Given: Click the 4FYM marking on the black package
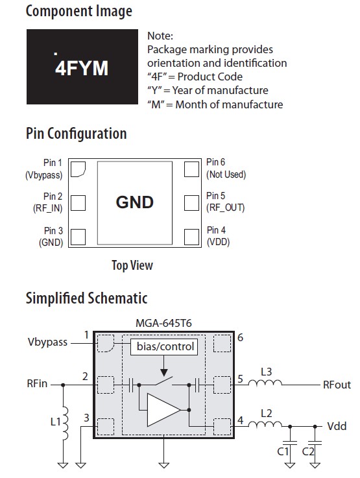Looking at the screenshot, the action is coord(81,68).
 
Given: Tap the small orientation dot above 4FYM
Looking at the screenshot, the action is coord(56,54).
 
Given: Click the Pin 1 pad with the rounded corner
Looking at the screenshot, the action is coord(78,169).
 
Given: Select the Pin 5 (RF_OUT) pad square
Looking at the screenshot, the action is coord(192,203).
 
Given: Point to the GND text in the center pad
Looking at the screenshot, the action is coord(135,202).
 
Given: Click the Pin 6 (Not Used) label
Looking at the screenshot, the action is coord(226,168).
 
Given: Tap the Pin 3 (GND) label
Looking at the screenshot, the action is coord(51,236).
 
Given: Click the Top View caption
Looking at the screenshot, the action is coord(132,265).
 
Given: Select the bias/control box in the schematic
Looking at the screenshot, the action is coord(164,346).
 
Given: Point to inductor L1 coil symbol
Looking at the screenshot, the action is coord(65,423).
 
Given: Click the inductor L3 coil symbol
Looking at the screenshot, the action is coord(265,383).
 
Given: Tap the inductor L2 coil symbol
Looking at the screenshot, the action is coord(265,424).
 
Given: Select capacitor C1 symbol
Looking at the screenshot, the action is coord(290,443).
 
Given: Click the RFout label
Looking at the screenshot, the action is coord(337,385).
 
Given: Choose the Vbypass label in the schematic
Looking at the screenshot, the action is coord(47,342).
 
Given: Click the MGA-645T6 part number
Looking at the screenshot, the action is coord(163,323).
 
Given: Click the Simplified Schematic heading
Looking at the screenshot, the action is coord(86,298).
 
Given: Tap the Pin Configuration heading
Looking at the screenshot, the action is coord(76,134).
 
